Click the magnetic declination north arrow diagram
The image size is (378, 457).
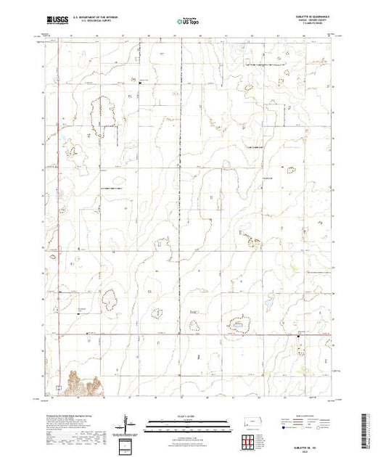click(x=128, y=424)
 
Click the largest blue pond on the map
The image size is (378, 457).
click(x=238, y=326)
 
